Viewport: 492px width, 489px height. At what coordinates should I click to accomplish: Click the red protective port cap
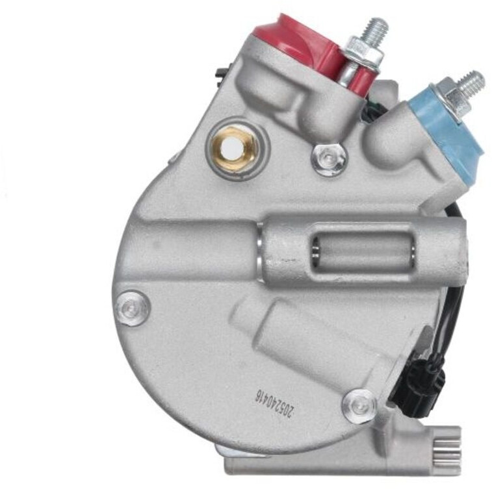(301, 47)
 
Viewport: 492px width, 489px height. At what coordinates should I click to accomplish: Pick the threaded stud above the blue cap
(471, 84)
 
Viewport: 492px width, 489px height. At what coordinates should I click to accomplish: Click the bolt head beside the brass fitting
(329, 159)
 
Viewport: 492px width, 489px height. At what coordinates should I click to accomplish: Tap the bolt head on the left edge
(132, 308)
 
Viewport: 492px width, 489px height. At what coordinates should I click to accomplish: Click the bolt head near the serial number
(359, 406)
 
